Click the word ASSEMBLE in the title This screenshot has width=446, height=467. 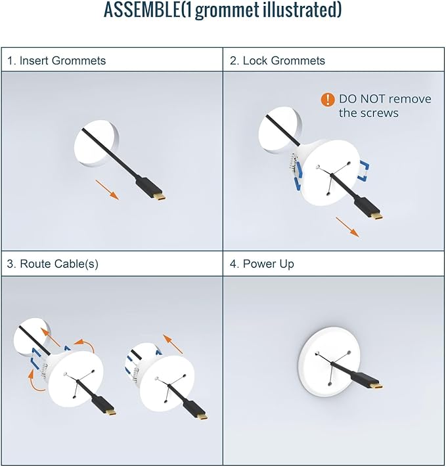coord(142,10)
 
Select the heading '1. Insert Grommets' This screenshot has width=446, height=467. coord(56,60)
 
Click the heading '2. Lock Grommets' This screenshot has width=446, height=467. coord(277,60)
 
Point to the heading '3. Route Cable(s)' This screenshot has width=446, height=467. coord(53,264)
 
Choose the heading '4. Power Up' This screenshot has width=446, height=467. coord(261,264)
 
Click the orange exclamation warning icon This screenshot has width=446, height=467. coord(328,100)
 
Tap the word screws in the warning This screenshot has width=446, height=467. coord(380,113)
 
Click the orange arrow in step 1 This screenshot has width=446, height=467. coord(107,189)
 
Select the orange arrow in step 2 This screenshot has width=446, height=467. coord(347,227)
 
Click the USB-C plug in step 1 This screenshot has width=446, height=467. coord(150,188)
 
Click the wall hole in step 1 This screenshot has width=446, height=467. coord(97,144)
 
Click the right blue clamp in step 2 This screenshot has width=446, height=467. coord(365,171)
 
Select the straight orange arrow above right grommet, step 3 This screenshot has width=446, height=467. coord(173,344)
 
